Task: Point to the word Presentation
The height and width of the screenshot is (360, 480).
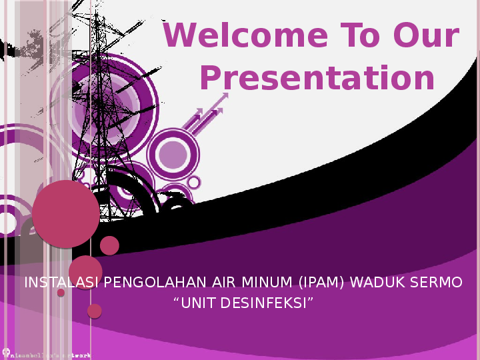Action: (x=317, y=79)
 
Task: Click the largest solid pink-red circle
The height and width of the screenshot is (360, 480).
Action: (x=65, y=213)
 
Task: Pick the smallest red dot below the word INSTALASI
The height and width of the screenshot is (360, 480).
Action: (x=61, y=293)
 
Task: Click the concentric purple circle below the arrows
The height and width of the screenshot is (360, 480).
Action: (x=173, y=154)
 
